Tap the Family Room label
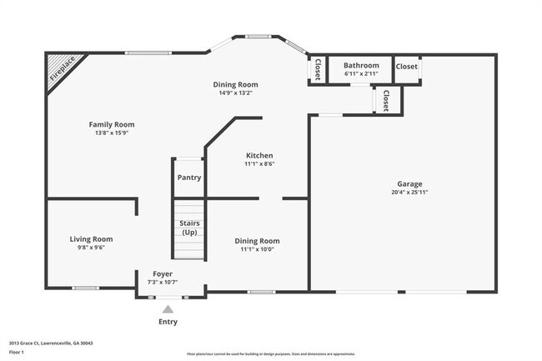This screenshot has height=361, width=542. [x=112, y=124]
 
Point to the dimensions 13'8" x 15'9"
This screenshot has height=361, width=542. [x=112, y=133]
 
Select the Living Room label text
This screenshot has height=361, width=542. [x=91, y=238]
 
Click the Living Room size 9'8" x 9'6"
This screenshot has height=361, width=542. [x=91, y=247]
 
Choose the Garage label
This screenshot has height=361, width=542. [x=409, y=183]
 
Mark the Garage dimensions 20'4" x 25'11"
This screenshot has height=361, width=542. [x=409, y=192]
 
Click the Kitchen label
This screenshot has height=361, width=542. [x=259, y=155]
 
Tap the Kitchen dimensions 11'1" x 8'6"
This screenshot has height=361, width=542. [x=259, y=163]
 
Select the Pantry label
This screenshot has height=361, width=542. [x=189, y=177]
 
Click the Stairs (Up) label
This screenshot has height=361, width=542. [x=189, y=228]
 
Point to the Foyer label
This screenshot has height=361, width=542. [x=163, y=273]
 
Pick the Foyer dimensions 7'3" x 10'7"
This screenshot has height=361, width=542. [x=163, y=282]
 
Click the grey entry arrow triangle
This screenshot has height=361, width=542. [x=168, y=308]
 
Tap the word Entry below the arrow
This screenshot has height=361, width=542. [x=168, y=322]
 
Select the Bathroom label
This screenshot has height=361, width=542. [x=361, y=65]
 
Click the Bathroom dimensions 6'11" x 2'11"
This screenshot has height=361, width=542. [x=361, y=73]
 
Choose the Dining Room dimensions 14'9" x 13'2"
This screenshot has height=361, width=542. [x=235, y=93]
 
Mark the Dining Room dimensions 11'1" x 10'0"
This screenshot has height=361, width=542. [x=257, y=248]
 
